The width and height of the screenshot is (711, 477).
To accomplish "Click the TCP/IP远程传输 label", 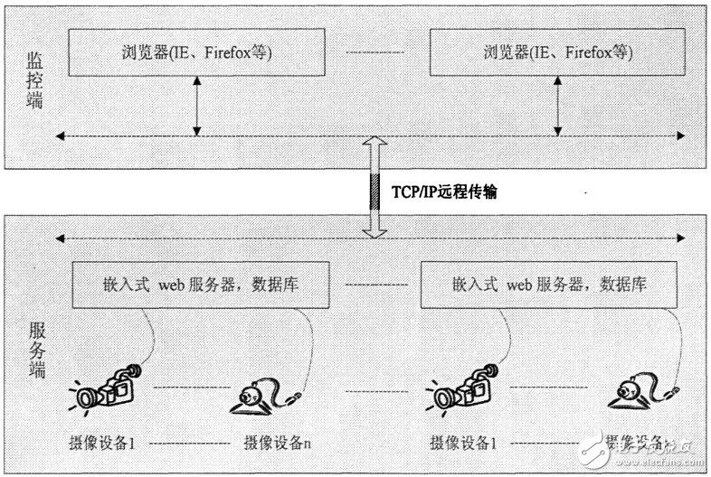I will (443, 192).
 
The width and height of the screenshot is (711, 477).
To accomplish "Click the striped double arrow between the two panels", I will (374, 190).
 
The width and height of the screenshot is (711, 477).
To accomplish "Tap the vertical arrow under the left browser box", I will (196, 105).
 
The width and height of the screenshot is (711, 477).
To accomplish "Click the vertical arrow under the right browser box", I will (559, 105).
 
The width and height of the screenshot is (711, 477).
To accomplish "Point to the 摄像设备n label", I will (279, 444).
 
